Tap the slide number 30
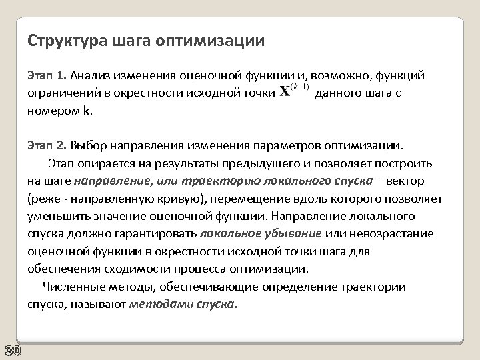(x=11, y=351)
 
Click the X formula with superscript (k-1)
(x=293, y=91)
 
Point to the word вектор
(x=412, y=181)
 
